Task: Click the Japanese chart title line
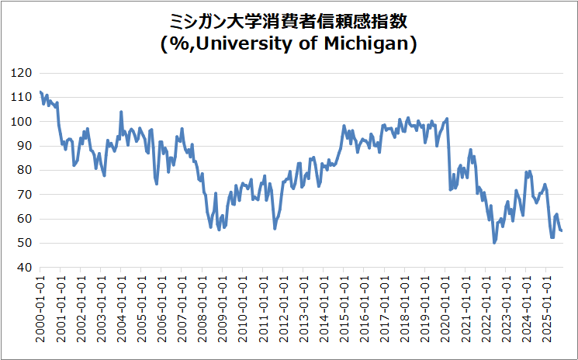(x=289, y=19)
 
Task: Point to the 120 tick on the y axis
(x=22, y=73)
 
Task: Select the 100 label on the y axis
(x=22, y=122)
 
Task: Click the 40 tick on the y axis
(x=25, y=268)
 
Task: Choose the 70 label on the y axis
(x=25, y=195)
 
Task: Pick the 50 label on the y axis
(x=25, y=243)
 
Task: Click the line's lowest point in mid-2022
(x=494, y=243)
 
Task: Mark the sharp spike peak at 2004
(x=121, y=112)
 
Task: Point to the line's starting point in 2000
(x=40, y=92)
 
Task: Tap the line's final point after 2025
(x=562, y=230)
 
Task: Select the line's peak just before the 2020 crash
(x=447, y=118)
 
